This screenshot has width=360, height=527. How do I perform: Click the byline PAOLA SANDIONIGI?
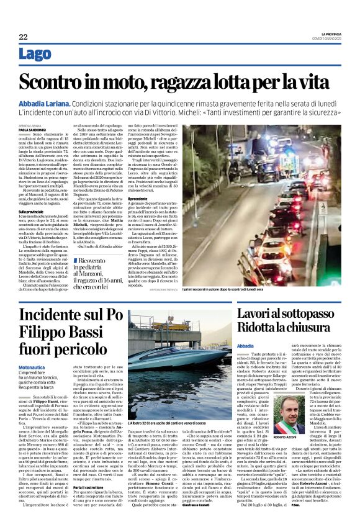tap(32, 130)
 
